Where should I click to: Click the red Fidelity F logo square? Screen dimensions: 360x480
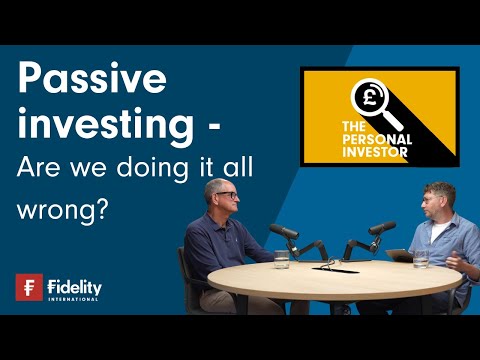pyautogui.click(x=29, y=287)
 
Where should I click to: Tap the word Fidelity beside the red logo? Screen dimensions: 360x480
pyautogui.click(x=75, y=286)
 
